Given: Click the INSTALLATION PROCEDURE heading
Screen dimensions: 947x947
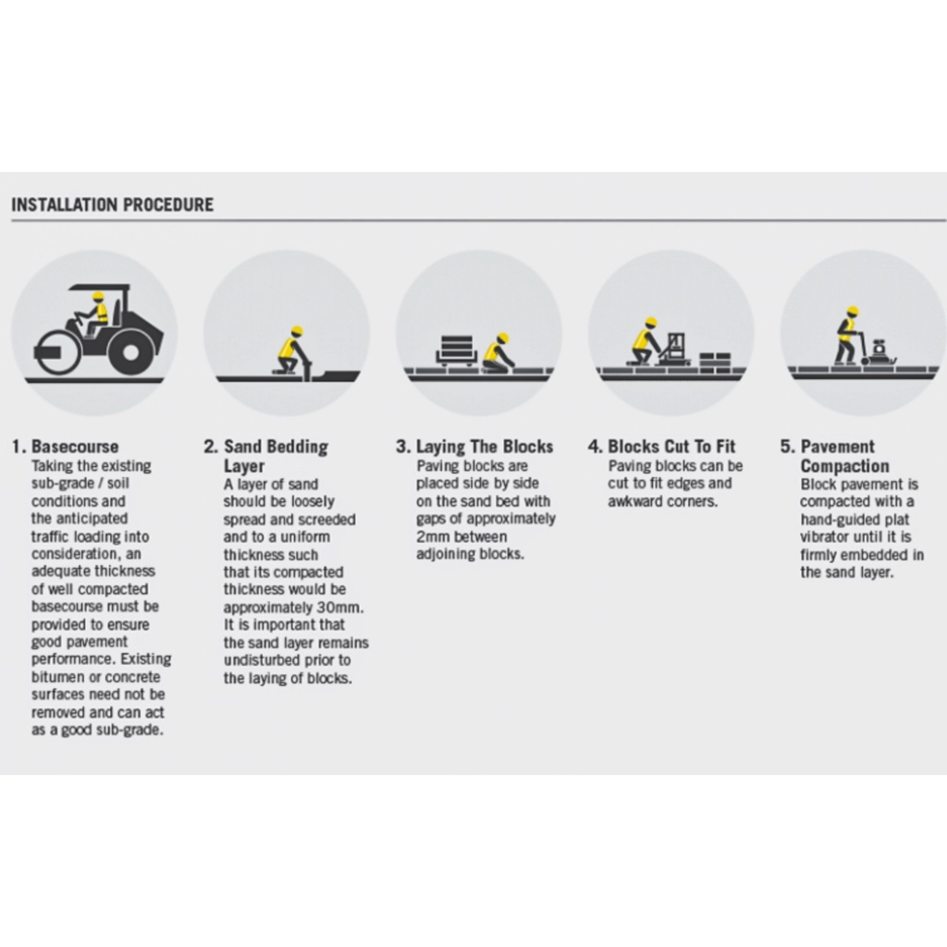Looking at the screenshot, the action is pos(112,204).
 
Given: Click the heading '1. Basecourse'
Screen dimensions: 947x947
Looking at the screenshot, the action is pos(66,447).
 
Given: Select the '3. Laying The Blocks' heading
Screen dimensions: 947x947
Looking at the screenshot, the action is pos(474,447).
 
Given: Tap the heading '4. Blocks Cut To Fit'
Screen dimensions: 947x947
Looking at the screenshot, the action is pos(662,447).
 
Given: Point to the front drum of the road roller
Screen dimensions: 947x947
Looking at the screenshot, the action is pos(57,352).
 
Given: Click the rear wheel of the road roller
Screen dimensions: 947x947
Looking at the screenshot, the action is pos(132,351).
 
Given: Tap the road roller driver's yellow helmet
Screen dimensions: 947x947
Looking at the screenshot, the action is pos(98,296).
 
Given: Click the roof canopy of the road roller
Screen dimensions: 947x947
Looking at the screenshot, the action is pos(100,285).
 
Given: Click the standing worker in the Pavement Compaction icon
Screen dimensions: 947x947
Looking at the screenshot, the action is pos(847,335).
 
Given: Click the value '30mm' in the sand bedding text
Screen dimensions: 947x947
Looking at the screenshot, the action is pos(343,608).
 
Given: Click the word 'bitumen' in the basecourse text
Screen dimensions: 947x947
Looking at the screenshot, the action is pos(55,678).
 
